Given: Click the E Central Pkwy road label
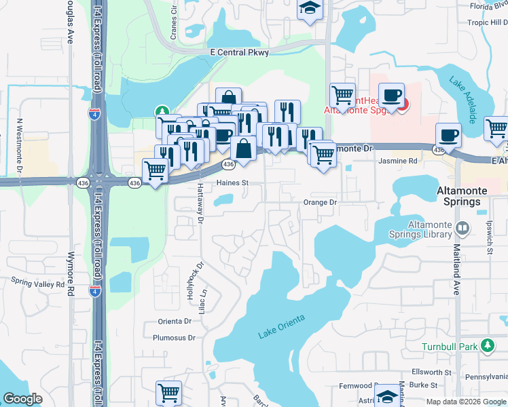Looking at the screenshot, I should tap(244, 52).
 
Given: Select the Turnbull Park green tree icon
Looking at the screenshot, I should tap(487, 346).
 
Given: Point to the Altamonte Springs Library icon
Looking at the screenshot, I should tap(462, 228).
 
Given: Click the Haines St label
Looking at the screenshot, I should tap(233, 182).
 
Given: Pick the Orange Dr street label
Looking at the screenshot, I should tap(320, 202).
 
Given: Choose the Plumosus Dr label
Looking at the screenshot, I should tap(169, 337).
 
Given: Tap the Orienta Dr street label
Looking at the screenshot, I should tap(175, 321).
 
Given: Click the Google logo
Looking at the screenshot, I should tap(23, 399).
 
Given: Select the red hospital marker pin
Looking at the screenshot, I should tap(401, 104).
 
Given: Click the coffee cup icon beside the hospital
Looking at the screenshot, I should tap(391, 95).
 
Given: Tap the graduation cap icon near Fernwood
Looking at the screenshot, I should tap(388, 395).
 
